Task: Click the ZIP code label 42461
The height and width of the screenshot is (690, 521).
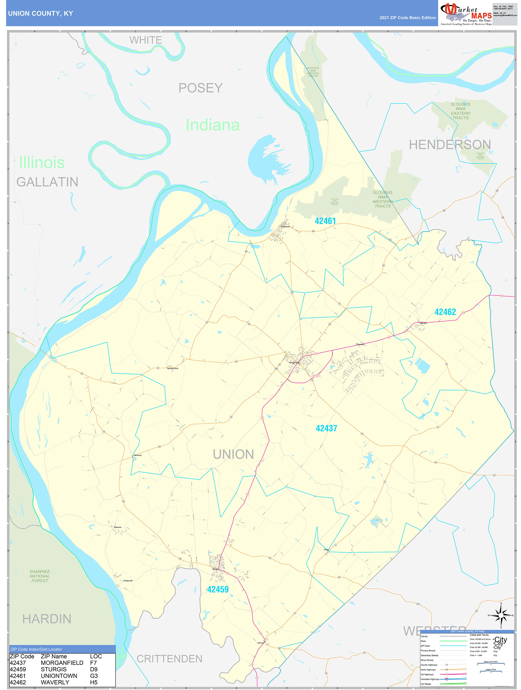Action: (325, 221)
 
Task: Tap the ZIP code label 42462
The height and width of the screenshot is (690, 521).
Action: (445, 312)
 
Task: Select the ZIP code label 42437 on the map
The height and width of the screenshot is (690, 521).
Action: (326, 428)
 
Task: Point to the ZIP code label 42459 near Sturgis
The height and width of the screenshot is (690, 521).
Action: (218, 589)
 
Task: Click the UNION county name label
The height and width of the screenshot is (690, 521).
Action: (233, 454)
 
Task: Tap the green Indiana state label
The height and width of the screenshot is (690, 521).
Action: (212, 125)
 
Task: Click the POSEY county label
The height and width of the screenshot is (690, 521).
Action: (200, 88)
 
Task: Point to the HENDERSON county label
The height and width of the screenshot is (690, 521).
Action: (450, 144)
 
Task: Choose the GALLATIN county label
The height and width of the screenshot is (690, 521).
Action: (48, 182)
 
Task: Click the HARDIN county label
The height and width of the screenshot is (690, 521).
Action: (47, 619)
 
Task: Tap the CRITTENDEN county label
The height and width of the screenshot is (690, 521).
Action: (169, 659)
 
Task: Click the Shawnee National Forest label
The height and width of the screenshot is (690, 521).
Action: (40, 576)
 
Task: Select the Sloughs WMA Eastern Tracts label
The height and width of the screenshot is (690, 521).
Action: (460, 111)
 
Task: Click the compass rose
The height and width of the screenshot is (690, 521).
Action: (501, 615)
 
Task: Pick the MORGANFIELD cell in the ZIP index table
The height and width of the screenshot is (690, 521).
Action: (62, 663)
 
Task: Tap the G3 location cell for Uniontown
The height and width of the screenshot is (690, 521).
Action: (94, 676)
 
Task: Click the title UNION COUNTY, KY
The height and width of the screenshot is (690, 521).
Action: (41, 14)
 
